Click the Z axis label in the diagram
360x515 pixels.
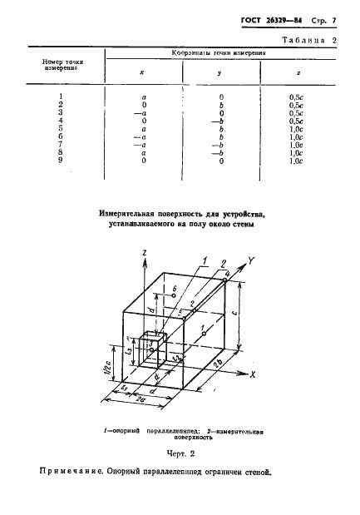pyautogui.click(x=145, y=251)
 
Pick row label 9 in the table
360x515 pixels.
pyautogui.click(x=62, y=161)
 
